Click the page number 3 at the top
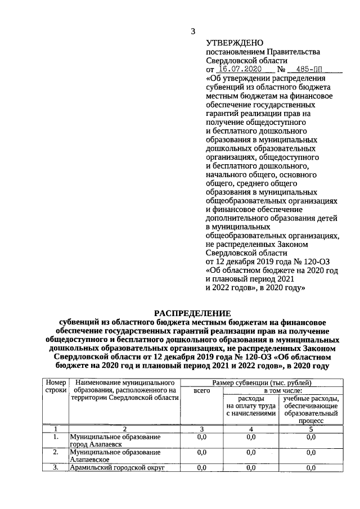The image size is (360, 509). pos(193,30)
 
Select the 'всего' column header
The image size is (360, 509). pos(201,390)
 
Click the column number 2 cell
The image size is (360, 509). pos(124,429)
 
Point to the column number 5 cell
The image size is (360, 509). pos(310,429)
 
